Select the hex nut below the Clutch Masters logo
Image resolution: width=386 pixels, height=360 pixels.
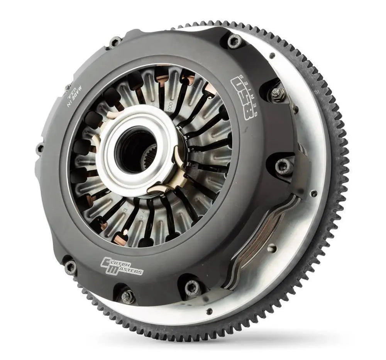coord(127,296)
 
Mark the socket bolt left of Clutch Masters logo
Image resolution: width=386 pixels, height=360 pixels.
coord(71,267)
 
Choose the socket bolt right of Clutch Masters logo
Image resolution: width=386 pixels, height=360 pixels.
coord(191,287)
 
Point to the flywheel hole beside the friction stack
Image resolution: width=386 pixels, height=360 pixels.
coord(272,248)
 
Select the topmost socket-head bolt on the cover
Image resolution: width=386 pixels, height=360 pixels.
coord(233,40)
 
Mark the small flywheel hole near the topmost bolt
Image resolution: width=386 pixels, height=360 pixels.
coord(272,56)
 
